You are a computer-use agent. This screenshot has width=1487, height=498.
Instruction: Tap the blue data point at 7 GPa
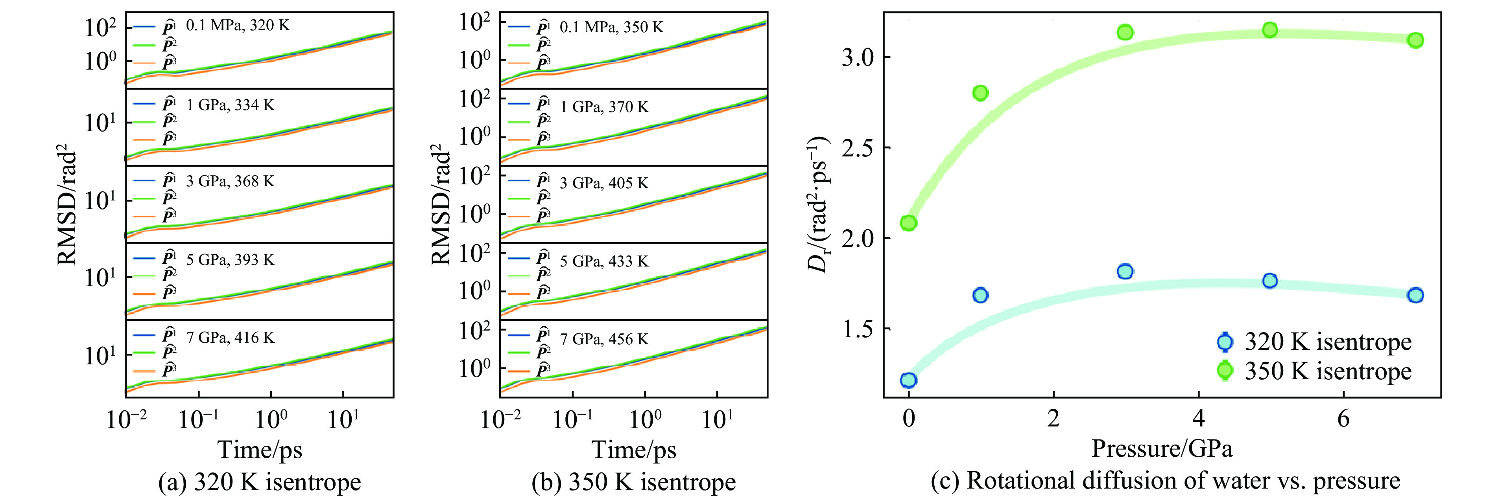click(1415, 295)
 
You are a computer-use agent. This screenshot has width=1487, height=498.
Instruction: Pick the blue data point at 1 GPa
click(981, 295)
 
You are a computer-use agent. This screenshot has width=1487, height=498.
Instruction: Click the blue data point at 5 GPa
click(1269, 281)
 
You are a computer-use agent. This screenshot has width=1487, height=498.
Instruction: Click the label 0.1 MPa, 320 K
click(238, 26)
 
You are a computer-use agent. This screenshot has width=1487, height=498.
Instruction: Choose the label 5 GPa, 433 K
click(604, 261)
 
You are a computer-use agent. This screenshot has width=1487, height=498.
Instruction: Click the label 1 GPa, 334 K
click(230, 105)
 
